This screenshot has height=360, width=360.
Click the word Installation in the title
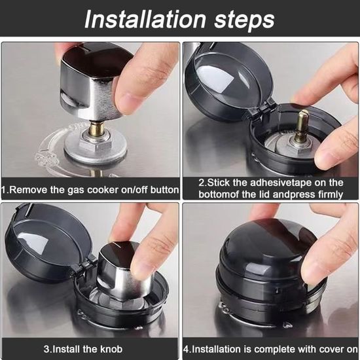click(145, 20)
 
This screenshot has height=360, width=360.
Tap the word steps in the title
click(244, 20)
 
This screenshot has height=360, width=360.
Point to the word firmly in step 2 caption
click(331, 194)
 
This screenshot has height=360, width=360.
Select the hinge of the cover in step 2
click(262, 108)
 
